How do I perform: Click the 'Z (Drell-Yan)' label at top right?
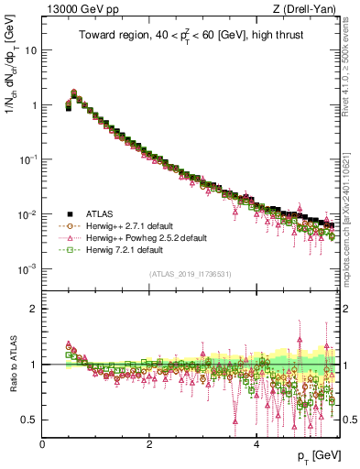click(x=309, y=9)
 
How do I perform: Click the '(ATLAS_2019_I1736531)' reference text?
click(x=191, y=274)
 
